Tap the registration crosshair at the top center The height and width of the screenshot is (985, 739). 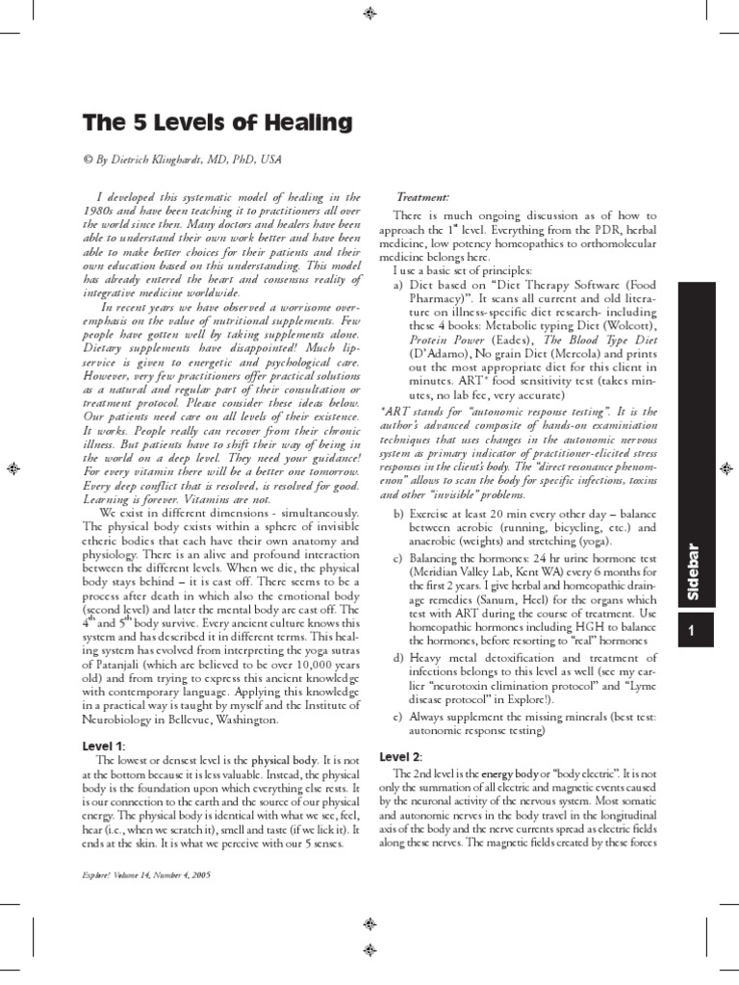coord(369,13)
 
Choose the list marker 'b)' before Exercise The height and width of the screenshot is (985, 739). coord(398,515)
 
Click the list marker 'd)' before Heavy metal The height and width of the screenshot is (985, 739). coord(398,657)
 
